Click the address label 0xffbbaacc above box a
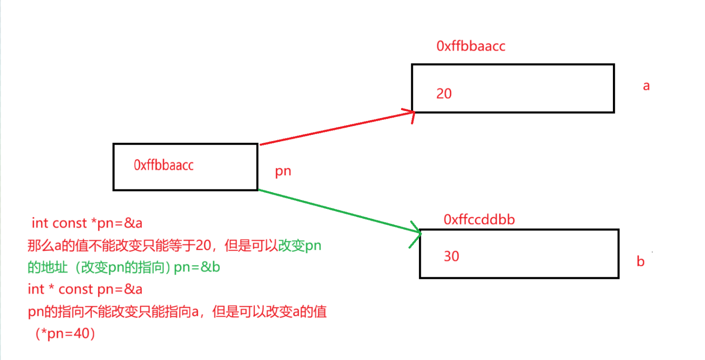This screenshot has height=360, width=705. point(471,46)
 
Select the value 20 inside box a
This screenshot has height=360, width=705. point(444,93)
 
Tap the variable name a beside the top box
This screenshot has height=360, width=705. point(646,85)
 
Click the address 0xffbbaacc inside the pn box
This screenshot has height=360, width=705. point(163,165)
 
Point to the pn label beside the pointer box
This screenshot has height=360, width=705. point(283,171)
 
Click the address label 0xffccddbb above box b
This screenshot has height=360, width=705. point(479,219)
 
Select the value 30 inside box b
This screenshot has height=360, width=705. point(451,256)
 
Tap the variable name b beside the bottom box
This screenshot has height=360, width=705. point(640,261)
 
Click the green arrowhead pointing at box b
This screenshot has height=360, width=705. point(417,232)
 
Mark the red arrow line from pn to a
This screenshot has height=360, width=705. point(335,129)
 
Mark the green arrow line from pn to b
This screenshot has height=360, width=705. point(335,210)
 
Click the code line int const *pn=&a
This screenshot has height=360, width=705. point(87,223)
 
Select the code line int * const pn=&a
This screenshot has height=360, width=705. point(85,289)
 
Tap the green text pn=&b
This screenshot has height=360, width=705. point(197,267)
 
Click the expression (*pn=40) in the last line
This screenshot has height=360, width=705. point(65,333)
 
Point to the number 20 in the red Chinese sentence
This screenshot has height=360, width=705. point(203,245)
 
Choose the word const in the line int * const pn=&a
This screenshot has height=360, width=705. point(75,289)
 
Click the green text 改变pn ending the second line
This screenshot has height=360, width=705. point(300,245)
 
